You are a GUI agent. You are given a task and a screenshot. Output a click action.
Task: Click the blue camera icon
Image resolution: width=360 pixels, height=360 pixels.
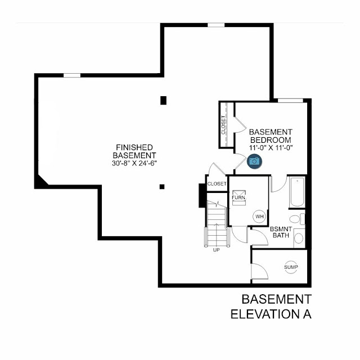[254, 161]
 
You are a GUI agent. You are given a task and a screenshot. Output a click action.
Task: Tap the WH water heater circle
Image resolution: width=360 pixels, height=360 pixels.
[259, 217]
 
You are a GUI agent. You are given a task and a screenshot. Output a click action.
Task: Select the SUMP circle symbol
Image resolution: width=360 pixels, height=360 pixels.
[291, 267]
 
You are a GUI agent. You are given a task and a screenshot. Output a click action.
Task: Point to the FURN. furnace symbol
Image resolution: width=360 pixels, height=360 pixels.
[239, 197]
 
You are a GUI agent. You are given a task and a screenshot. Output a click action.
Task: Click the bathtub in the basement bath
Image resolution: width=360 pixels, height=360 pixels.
[297, 192]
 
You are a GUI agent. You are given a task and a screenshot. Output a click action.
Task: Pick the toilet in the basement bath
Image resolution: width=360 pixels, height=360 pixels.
[297, 219]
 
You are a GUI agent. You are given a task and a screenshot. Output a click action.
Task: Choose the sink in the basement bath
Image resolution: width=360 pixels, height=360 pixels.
[299, 238]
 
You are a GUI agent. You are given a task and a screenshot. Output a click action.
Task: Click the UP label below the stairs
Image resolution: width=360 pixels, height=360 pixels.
[216, 250]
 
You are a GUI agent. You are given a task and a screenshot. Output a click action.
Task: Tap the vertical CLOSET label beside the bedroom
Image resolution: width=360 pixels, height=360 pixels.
[223, 125]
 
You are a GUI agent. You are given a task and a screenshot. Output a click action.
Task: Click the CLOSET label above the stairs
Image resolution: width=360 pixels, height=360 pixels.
[217, 184]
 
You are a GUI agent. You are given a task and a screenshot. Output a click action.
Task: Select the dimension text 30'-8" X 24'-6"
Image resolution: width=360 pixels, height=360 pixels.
[134, 163]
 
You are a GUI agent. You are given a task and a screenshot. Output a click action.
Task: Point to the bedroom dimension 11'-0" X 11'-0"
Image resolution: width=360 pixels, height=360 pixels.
[271, 147]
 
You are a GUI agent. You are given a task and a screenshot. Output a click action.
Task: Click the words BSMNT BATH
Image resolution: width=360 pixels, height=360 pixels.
[281, 232]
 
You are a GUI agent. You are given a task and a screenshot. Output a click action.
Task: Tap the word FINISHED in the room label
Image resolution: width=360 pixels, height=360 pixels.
[134, 147]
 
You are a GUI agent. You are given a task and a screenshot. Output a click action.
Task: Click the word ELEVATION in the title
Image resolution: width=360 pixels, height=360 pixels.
[265, 314]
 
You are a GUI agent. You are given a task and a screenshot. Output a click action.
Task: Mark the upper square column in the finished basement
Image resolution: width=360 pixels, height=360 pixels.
[163, 101]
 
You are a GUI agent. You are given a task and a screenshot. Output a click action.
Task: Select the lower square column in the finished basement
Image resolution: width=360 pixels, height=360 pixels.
[162, 187]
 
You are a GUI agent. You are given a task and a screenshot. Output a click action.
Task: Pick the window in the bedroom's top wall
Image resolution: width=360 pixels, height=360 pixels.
[290, 101]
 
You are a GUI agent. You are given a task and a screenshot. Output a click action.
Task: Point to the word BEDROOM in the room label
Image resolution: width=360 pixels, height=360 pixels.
[271, 140]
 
